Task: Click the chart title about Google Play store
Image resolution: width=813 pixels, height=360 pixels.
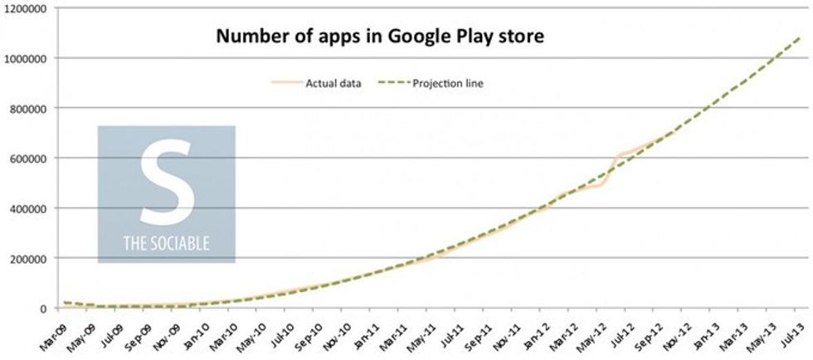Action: (x=380, y=36)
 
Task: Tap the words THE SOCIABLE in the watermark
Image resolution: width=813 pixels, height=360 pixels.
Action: (x=166, y=244)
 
